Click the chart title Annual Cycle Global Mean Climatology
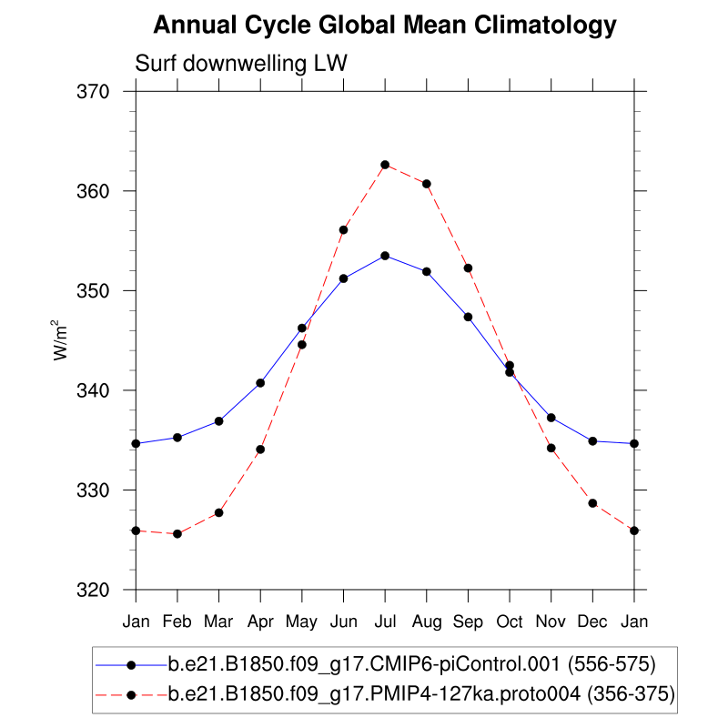coord(385,25)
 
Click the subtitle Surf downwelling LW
coord(241,64)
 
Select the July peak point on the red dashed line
coord(385,165)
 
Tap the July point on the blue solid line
coord(385,256)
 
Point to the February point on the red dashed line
coord(177,534)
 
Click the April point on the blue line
coord(260,383)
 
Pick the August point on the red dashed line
coord(427,184)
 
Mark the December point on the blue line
coord(592,441)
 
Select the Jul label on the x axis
coord(385,622)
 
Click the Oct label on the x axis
coord(510,622)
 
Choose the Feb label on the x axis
coord(177,622)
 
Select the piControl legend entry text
coord(411,662)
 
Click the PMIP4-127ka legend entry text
coord(421,695)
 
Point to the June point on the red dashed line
coord(343,230)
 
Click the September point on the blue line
coord(468,317)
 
